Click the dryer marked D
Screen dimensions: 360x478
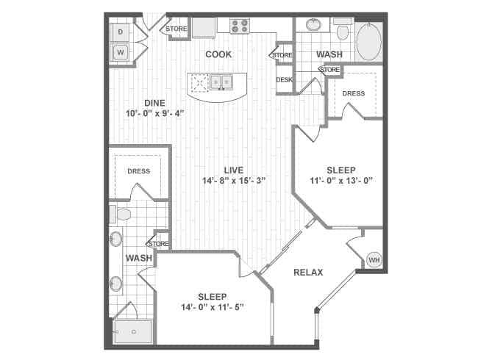coord(121,32)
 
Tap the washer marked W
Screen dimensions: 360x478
coord(121,52)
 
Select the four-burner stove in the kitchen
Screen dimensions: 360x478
coord(240,26)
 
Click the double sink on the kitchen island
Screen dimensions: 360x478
coord(221,82)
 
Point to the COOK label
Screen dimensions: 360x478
coord(218,54)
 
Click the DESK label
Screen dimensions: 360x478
coord(285,80)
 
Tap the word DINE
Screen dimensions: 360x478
coord(154,103)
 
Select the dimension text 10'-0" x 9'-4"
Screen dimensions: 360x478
coord(154,114)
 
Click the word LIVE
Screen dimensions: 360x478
coord(234,170)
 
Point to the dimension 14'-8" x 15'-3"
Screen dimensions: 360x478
coord(234,181)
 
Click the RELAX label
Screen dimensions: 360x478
coord(308,273)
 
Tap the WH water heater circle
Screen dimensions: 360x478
coord(374,260)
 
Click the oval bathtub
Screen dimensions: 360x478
coord(370,42)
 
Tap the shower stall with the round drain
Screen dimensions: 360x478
coord(133,332)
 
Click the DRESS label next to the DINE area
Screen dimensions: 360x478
coord(138,171)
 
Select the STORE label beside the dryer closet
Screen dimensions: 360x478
coord(176,29)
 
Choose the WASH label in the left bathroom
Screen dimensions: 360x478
coord(138,258)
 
